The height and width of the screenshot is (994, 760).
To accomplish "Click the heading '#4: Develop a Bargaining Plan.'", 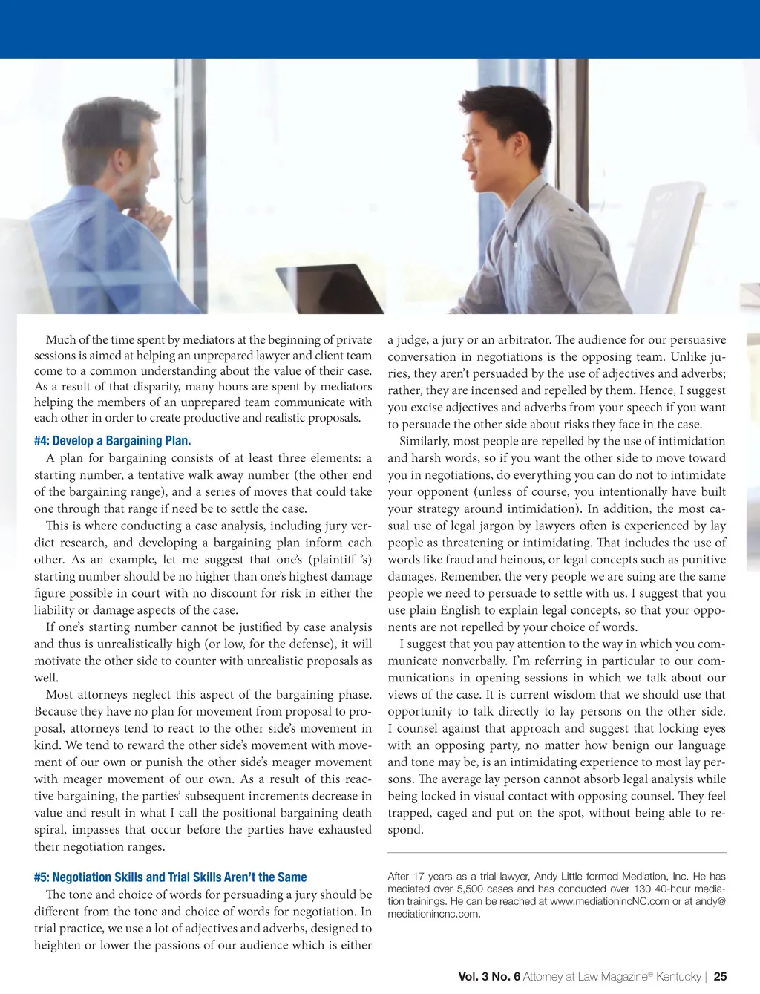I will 112,441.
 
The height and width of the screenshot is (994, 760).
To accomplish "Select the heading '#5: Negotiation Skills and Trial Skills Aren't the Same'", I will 170,877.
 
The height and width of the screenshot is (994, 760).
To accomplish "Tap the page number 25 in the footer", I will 720,977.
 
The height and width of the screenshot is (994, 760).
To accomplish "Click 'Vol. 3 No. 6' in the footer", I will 488,977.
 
